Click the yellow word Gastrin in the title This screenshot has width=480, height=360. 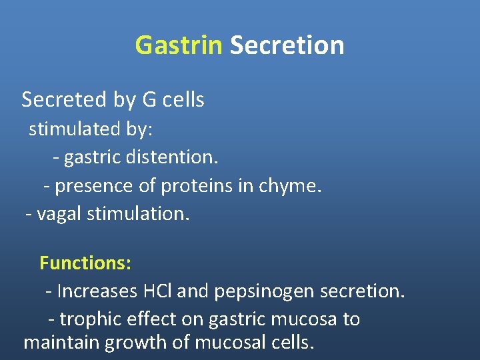178,45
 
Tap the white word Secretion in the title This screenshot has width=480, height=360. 287,45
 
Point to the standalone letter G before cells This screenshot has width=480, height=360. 149,100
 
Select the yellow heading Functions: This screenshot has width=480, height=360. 85,263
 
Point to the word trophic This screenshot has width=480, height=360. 91,319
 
